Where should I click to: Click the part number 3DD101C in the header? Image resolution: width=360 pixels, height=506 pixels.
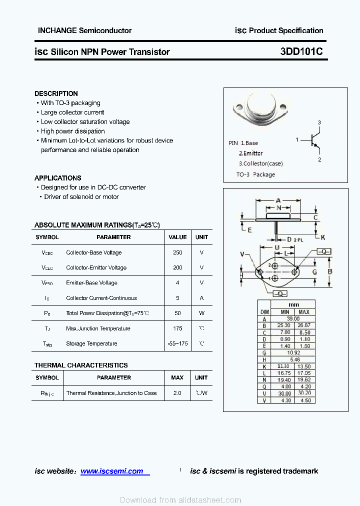point(301,51)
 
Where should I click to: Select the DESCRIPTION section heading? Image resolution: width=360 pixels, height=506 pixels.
point(56,93)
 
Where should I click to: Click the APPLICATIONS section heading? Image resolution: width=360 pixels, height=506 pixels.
point(57,178)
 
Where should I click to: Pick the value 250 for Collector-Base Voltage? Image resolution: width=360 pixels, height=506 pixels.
point(177,252)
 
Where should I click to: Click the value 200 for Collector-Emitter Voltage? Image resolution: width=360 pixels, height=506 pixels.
point(177,267)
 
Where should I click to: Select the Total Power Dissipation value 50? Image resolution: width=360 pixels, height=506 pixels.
point(177,313)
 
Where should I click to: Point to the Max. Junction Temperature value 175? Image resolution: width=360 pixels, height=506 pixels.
point(177,328)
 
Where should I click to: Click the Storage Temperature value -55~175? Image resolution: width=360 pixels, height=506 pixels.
point(177,343)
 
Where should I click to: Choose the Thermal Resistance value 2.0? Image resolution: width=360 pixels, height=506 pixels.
point(177,393)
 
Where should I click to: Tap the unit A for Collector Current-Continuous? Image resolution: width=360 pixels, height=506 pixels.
point(201,298)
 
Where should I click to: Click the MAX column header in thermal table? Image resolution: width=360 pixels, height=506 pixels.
point(177,377)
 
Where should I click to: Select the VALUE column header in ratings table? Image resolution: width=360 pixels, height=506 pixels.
point(177,237)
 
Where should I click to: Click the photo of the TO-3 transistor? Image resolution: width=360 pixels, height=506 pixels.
point(260,109)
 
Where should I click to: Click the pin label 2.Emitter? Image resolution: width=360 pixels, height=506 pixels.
point(250,153)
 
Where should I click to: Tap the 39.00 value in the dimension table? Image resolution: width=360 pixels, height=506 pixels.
point(293,318)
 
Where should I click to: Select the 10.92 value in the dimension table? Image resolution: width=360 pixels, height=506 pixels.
point(293,352)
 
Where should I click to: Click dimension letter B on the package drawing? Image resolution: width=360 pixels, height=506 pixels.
point(330,272)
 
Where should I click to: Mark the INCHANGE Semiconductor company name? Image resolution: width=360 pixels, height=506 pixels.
point(84,30)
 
